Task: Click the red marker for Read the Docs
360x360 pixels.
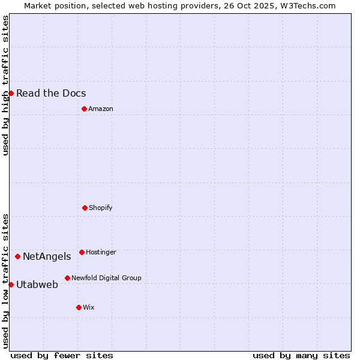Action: tap(11, 93)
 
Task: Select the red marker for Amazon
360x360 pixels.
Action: tap(84, 109)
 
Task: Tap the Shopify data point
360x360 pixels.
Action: tap(85, 208)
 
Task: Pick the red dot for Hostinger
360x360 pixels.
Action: tap(82, 252)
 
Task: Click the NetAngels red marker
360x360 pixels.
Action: tap(17, 256)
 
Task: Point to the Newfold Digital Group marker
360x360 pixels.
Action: tap(67, 278)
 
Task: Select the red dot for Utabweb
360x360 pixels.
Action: tap(11, 284)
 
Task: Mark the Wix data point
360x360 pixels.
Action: tap(79, 307)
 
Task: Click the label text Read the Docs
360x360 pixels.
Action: tap(51, 93)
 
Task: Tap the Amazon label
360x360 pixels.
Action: tap(101, 109)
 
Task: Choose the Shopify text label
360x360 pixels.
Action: tap(101, 208)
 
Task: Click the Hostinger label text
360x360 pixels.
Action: tap(101, 252)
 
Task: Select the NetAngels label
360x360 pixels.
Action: tap(47, 256)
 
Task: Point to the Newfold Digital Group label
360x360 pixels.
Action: tap(106, 278)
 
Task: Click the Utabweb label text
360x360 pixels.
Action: tap(37, 284)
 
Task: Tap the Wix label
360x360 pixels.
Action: tap(89, 307)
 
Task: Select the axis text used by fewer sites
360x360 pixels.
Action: tap(62, 355)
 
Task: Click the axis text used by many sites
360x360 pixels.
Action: tap(301, 355)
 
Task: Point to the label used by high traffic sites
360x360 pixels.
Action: tap(5, 85)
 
